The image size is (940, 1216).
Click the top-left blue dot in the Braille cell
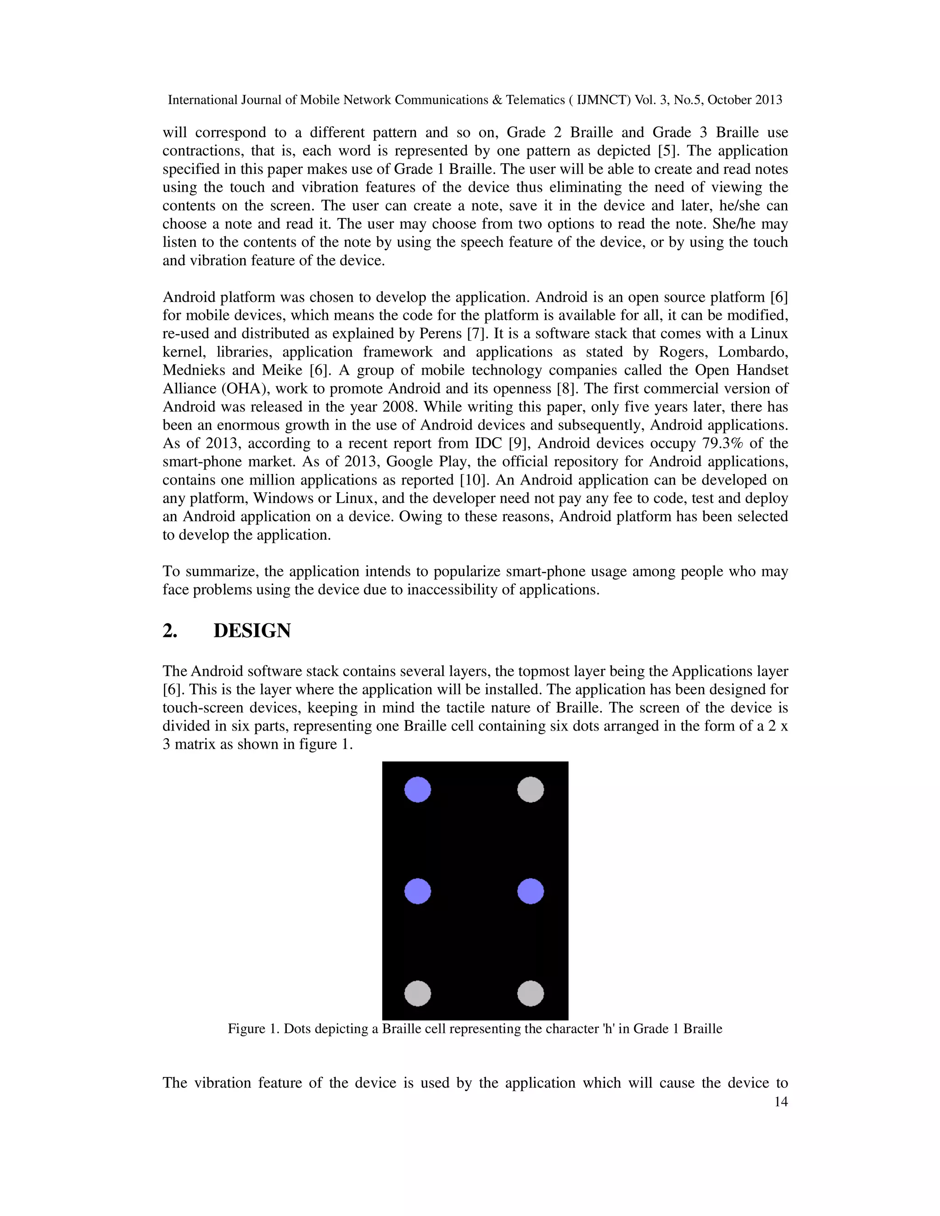coord(417,790)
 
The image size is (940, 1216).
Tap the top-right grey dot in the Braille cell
coord(530,790)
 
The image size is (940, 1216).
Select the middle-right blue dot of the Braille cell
coord(530,892)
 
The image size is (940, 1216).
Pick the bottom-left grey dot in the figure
coord(417,993)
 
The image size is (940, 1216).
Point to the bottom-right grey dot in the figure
coord(530,993)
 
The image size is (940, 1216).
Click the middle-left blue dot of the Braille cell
coord(417,892)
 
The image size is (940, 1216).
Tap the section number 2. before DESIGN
coord(170,631)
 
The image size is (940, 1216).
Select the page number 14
coord(781,1102)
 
